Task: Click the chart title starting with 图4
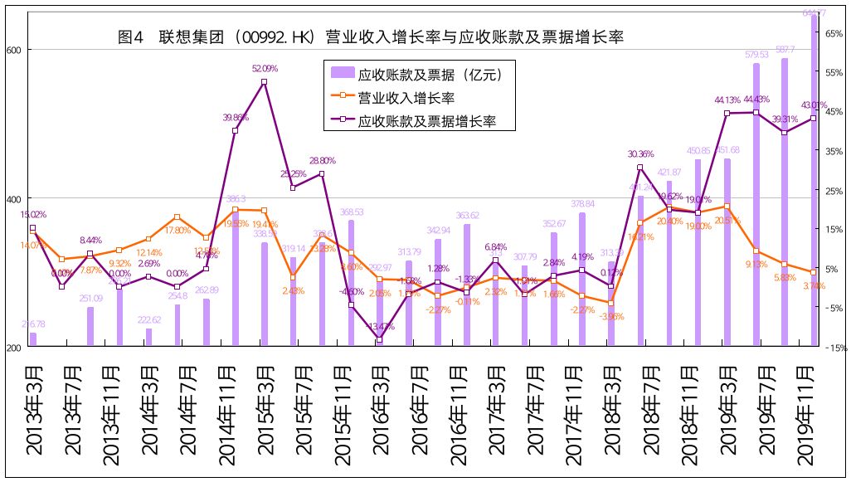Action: pos(371,37)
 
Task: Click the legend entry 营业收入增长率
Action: pos(406,98)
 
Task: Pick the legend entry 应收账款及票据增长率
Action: pos(426,121)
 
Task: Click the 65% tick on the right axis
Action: pos(834,32)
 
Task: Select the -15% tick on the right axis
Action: pos(834,348)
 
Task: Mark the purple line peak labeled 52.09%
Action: pos(264,82)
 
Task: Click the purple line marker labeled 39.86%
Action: pos(235,130)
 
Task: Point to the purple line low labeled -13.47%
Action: pos(380,340)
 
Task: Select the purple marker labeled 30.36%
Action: pos(640,168)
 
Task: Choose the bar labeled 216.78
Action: pos(33,340)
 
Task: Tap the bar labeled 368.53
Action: pos(351,283)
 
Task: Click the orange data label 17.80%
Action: pos(177,231)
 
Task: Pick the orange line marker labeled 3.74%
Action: pos(813,272)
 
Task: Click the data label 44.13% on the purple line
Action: pos(727,100)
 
